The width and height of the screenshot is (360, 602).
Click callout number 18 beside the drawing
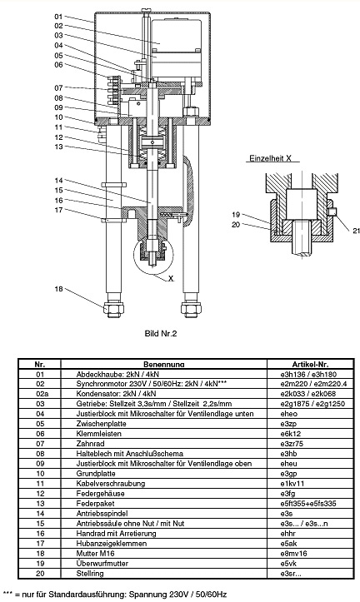tap(58, 289)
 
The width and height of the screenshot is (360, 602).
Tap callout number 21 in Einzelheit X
tap(356, 231)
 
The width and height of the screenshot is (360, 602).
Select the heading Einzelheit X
tap(270, 158)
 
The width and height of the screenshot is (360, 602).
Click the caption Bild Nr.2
tap(161, 333)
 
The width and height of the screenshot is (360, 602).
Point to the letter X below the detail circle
tap(171, 279)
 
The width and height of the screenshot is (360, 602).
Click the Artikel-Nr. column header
tap(311, 365)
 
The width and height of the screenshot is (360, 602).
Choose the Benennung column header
tap(164, 365)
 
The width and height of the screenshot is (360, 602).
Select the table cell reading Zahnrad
tap(90, 444)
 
